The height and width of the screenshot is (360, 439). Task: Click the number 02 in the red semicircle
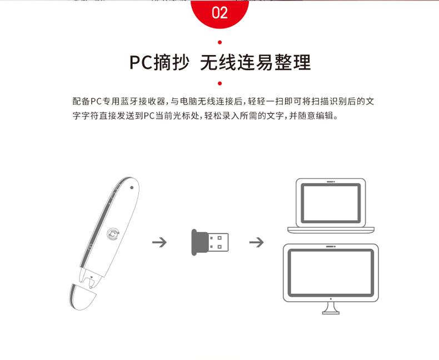tap(219, 13)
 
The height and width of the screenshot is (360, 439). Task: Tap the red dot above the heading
tap(220, 43)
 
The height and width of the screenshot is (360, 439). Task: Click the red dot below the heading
tap(220, 83)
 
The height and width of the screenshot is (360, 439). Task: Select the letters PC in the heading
tap(141, 62)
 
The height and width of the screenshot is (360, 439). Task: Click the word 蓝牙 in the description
tap(129, 101)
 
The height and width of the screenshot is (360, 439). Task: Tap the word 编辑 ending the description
tap(325, 115)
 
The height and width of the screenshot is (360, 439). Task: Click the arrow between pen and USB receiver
tap(159, 242)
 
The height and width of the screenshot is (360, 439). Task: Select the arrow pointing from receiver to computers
tap(257, 242)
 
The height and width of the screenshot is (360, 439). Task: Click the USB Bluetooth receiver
tap(209, 242)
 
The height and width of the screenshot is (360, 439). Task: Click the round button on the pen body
tap(113, 234)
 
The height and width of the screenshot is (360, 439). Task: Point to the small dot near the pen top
tap(132, 188)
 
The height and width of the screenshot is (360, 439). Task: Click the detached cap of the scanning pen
tap(82, 297)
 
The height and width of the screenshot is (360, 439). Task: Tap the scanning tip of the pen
tap(90, 278)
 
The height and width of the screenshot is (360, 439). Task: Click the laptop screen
tap(331, 203)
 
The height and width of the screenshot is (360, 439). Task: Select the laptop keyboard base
tap(331, 230)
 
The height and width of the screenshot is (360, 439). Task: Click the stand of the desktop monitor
tap(331, 308)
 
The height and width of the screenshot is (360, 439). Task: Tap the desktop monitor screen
tap(331, 272)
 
